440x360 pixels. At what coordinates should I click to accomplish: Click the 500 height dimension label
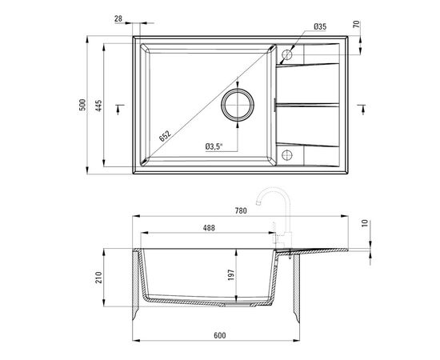[x=82, y=105]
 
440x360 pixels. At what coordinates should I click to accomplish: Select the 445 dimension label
[x=98, y=106]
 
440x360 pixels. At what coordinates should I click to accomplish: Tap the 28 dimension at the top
[x=118, y=18]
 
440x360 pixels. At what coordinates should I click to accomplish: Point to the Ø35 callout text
[x=320, y=26]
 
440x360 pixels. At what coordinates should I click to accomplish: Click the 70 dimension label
[x=356, y=24]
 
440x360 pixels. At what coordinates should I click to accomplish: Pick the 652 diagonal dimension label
[x=165, y=136]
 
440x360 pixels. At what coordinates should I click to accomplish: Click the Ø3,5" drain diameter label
[x=214, y=146]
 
